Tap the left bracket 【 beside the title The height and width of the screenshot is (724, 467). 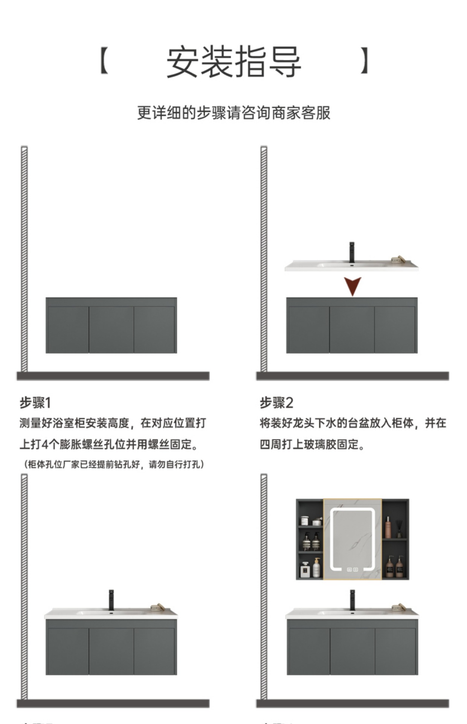click(104, 61)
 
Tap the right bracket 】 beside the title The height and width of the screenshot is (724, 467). click(364, 61)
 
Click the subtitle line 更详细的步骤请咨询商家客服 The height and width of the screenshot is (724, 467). click(233, 113)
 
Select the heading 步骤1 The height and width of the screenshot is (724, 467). click(35, 403)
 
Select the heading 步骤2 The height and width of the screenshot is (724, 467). click(276, 403)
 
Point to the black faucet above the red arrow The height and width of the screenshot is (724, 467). click(352, 252)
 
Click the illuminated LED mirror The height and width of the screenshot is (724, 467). click(352, 539)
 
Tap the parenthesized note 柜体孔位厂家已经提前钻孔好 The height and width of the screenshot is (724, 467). click(113, 464)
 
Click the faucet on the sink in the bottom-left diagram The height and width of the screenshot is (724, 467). click(111, 600)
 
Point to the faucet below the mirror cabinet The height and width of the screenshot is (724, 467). click(353, 600)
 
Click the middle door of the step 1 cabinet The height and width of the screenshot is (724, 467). click(111, 330)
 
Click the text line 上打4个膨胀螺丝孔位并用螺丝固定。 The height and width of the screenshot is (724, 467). click(109, 445)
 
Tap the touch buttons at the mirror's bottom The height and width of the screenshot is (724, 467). click(352, 569)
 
